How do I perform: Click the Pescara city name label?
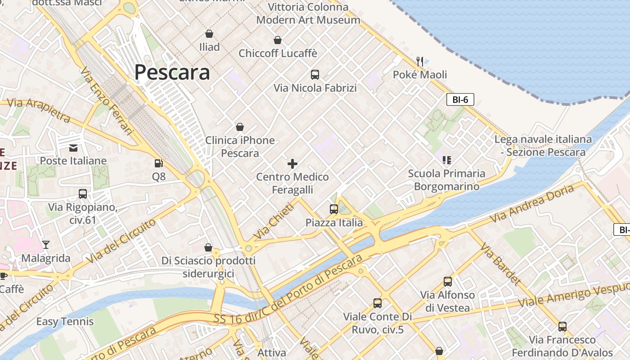172,72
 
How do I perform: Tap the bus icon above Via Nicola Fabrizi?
315,75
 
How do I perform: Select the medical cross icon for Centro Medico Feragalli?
292,163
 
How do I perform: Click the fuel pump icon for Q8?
158,163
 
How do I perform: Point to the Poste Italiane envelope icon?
73,148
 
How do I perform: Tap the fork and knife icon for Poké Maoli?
420,61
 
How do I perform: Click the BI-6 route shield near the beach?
460,99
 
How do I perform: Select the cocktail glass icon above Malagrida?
45,245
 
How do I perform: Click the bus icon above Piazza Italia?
333,209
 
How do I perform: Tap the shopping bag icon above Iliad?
209,34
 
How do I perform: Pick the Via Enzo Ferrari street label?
107,101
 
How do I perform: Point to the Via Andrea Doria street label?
533,203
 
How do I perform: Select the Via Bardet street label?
500,264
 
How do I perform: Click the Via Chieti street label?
273,220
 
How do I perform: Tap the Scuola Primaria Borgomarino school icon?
446,160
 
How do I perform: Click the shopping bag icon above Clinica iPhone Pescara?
240,127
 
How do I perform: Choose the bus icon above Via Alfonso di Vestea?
447,282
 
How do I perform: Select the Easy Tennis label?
65,321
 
